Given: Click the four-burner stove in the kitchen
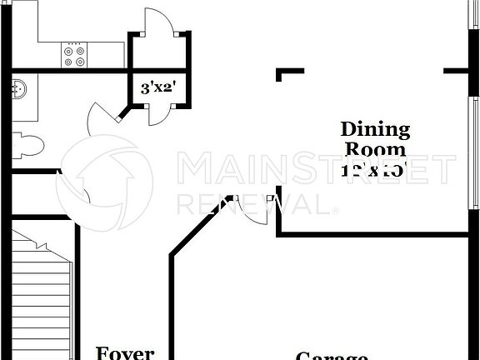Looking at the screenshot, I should (75, 56).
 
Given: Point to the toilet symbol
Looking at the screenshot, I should (27, 145).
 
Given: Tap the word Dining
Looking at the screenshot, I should (376, 129).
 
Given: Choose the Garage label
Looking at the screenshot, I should (332, 356).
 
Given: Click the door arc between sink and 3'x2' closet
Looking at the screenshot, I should (103, 121).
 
